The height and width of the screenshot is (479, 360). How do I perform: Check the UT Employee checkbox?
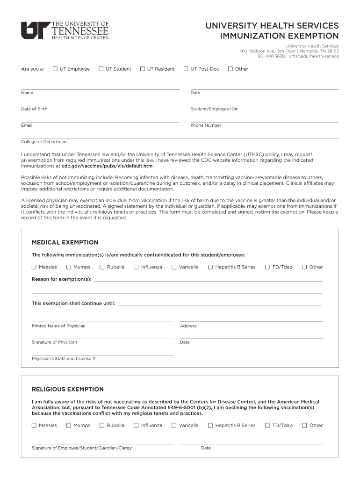pyautogui.click(x=55, y=69)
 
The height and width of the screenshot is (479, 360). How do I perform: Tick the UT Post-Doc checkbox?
pyautogui.click(x=186, y=69)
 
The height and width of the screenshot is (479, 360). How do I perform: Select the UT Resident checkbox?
pyautogui.click(x=143, y=69)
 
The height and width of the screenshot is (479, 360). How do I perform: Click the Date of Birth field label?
pyautogui.click(x=34, y=109)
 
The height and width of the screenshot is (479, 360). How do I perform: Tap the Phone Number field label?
pyautogui.click(x=206, y=125)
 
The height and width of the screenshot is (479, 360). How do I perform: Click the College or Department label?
pyautogui.click(x=44, y=142)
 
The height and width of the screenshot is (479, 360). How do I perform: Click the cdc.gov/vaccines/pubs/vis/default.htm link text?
pyautogui.click(x=108, y=166)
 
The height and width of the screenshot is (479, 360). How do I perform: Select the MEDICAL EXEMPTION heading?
pyautogui.click(x=65, y=242)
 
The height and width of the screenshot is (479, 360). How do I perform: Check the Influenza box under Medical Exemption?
pyautogui.click(x=137, y=267)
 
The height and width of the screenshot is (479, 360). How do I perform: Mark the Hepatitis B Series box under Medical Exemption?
pyautogui.click(x=210, y=267)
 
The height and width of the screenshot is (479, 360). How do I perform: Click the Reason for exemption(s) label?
pyautogui.click(x=62, y=279)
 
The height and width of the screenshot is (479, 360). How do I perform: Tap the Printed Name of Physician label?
pyautogui.click(x=58, y=326)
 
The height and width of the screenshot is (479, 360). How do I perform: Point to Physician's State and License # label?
pyautogui.click(x=64, y=359)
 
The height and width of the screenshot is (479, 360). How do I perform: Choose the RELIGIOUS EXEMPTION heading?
pyautogui.click(x=68, y=389)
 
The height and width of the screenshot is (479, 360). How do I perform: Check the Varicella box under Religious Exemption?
pyautogui.click(x=174, y=426)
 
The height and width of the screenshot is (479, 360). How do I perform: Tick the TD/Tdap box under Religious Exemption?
pyautogui.click(x=267, y=426)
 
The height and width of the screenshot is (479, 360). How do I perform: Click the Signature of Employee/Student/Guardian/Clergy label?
pyautogui.click(x=82, y=448)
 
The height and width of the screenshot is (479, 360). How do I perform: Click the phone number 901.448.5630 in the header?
pyautogui.click(x=271, y=56)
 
